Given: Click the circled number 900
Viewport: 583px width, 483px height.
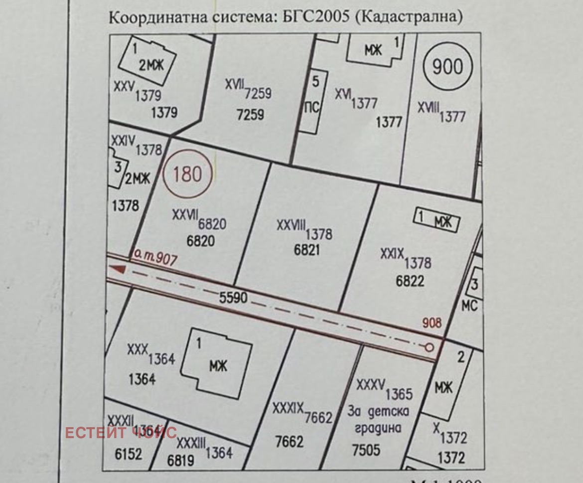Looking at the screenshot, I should (x=447, y=67).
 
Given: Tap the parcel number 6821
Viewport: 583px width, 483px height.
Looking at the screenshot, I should (x=307, y=250).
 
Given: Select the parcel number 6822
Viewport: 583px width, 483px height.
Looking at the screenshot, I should (x=410, y=281).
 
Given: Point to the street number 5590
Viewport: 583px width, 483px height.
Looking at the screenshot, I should (x=233, y=298).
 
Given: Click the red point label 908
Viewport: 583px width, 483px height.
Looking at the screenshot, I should (x=432, y=323).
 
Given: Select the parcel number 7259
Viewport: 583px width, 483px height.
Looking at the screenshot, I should (x=250, y=115).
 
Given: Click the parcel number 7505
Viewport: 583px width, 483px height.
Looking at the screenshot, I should (x=366, y=450).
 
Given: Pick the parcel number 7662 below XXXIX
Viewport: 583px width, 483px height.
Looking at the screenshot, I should (x=290, y=442).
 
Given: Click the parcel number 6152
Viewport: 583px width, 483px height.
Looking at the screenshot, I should (x=129, y=454).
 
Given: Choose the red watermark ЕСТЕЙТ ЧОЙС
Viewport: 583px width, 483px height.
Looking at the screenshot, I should (x=121, y=432).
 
